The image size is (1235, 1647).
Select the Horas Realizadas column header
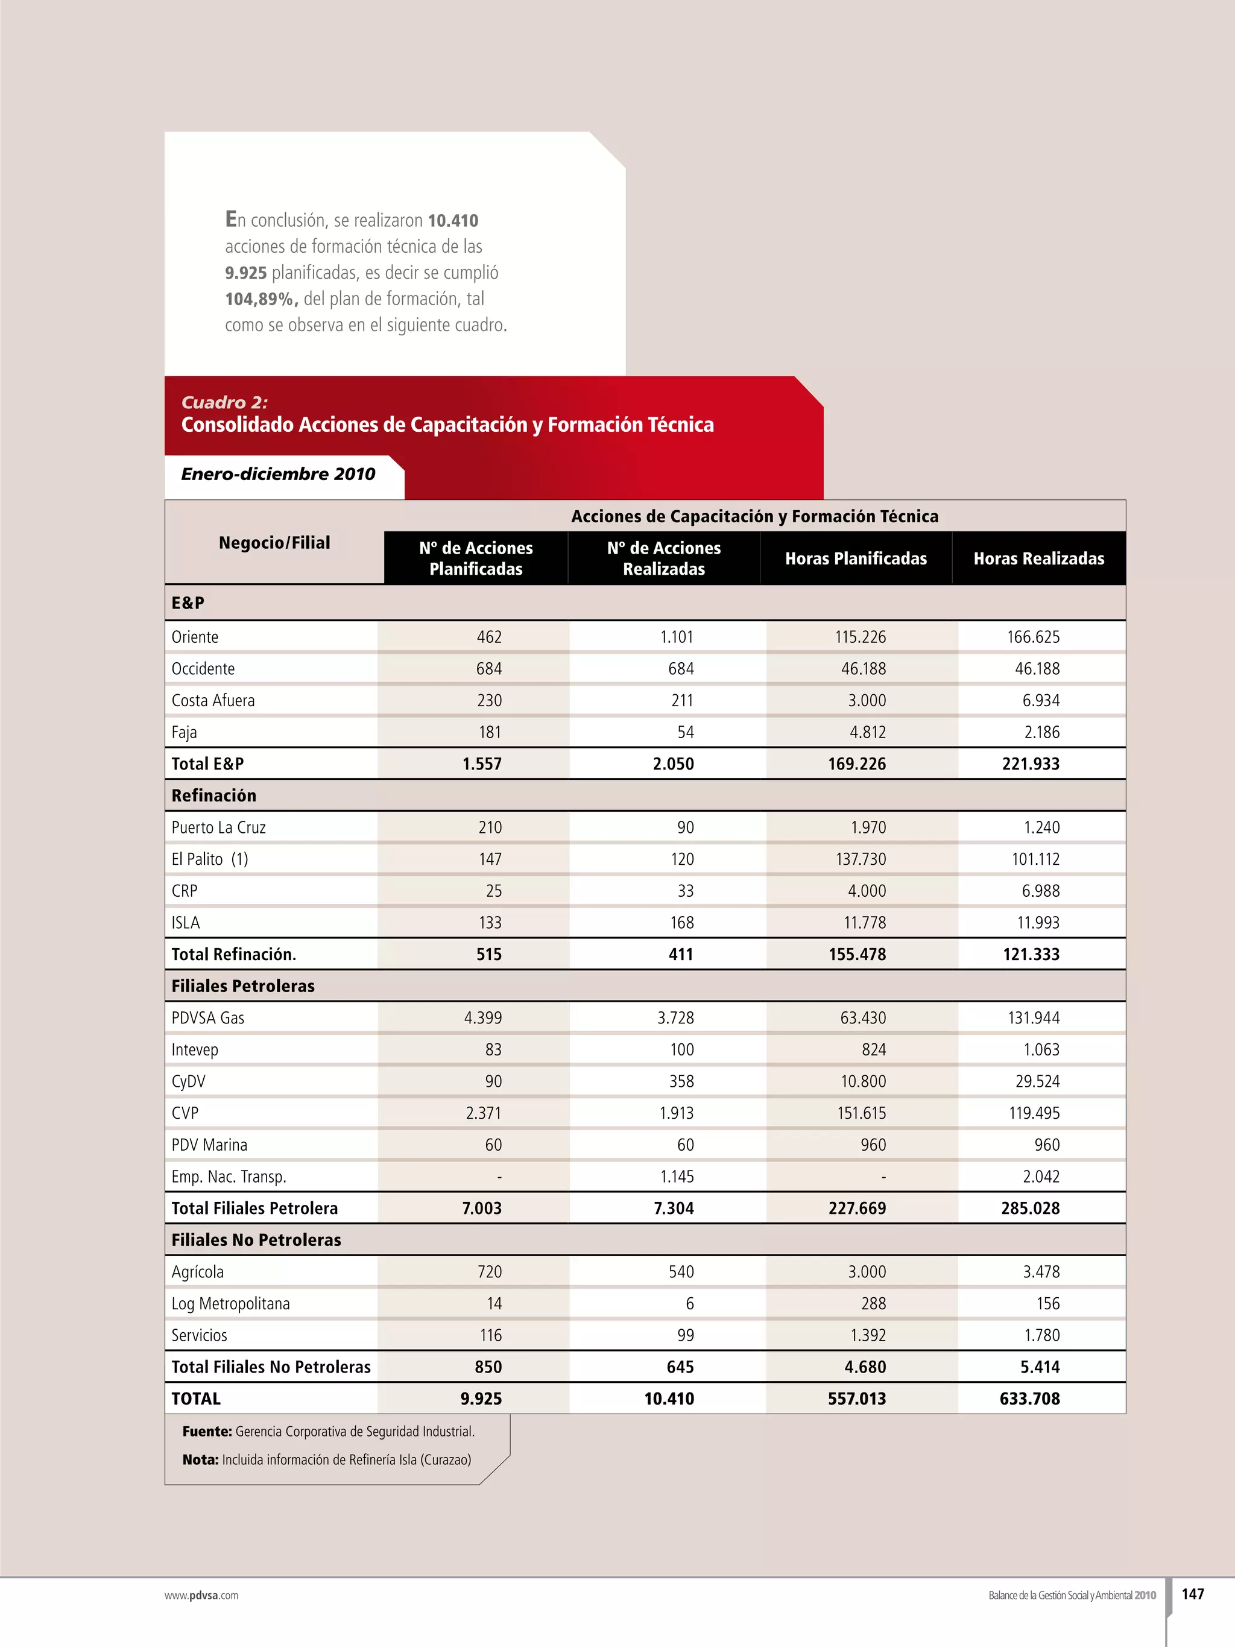point(1038,558)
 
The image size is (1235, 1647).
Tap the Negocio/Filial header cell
point(274,543)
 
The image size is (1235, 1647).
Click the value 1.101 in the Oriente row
point(676,637)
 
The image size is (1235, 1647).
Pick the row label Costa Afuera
point(213,701)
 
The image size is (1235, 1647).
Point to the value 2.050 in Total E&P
point(673,764)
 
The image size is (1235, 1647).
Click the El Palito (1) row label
point(210,859)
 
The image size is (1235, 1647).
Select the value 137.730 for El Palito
point(861,859)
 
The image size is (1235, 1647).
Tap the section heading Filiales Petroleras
point(242,986)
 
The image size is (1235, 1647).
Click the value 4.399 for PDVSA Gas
point(482,1018)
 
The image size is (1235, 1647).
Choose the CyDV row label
point(188,1081)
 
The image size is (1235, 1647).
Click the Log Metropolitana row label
point(231,1304)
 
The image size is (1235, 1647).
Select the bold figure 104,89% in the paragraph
point(261,299)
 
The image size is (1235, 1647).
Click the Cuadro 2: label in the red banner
point(224,403)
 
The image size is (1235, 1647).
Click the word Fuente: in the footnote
point(207,1431)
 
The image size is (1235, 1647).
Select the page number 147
point(1193,1593)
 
